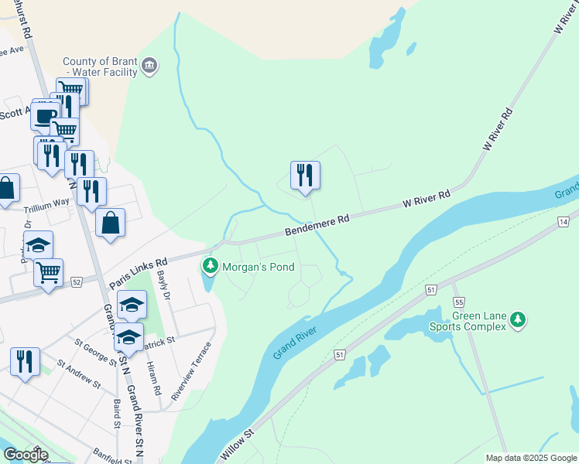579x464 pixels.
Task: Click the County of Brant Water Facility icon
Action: pyautogui.click(x=150, y=67)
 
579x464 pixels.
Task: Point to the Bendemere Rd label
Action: pyautogui.click(x=317, y=226)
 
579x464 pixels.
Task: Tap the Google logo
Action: pyautogui.click(x=25, y=455)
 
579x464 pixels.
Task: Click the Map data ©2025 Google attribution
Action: pyautogui.click(x=530, y=458)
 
